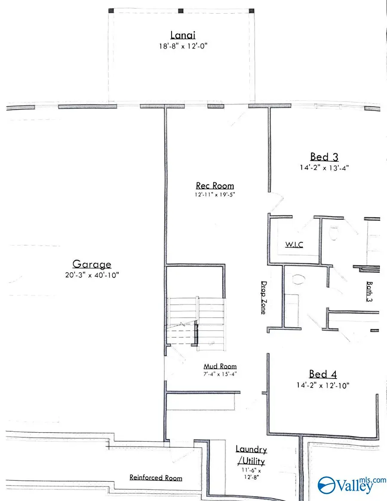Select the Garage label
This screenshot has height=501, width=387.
coord(92,264)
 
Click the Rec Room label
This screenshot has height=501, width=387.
coord(215,186)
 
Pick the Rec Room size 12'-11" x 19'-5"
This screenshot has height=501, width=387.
coord(215,194)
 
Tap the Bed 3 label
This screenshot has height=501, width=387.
coord(325,157)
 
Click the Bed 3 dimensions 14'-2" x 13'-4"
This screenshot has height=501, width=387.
coord(325,168)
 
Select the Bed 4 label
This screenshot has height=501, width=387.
coord(323,374)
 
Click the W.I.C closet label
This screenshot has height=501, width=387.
coord(294,245)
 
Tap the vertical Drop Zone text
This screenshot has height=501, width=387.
coord(263,298)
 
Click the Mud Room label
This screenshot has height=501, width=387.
coord(220,366)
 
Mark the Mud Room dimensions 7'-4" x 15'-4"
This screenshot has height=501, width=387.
coord(220,374)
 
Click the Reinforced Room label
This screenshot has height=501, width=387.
coord(156,478)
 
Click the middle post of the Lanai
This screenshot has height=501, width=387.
coord(181,11)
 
